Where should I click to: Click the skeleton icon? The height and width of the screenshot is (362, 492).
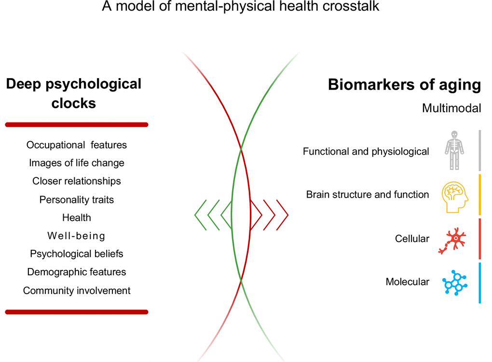click(x=453, y=150)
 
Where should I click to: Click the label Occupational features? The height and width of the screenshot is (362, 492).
click(x=77, y=145)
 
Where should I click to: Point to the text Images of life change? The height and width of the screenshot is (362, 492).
click(x=77, y=163)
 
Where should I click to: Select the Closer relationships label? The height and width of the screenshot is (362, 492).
click(x=77, y=181)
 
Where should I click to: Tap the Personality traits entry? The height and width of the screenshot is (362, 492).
click(x=77, y=199)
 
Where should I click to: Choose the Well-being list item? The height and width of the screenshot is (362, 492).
click(x=77, y=236)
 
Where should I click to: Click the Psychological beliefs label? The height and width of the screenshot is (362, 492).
click(x=77, y=254)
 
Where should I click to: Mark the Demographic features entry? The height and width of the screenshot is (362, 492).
click(x=77, y=272)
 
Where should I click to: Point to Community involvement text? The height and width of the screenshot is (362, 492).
click(x=77, y=291)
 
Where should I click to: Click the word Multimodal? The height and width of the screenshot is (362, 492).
click(x=451, y=108)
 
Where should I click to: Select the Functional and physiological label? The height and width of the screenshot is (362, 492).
click(x=366, y=151)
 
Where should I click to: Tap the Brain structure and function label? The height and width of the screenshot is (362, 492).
click(x=367, y=195)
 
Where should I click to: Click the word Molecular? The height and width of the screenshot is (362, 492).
click(x=407, y=282)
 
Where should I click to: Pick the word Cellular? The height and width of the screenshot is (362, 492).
click(x=412, y=239)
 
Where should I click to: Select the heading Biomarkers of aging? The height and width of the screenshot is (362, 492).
click(x=404, y=85)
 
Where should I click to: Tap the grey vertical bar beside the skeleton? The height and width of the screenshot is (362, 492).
click(x=479, y=150)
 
